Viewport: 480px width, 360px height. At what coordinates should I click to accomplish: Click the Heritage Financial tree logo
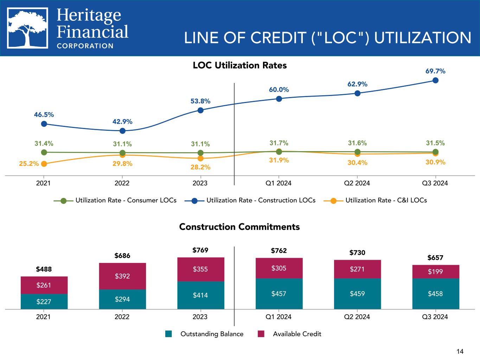click(28, 28)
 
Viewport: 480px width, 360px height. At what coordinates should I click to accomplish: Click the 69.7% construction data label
click(435, 71)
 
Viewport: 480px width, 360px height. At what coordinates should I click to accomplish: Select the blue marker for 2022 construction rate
click(122, 131)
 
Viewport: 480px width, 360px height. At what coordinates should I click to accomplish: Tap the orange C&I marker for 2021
click(44, 164)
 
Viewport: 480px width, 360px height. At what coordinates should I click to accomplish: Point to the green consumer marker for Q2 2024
click(357, 152)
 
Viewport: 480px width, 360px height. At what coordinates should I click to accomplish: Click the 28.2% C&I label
click(200, 167)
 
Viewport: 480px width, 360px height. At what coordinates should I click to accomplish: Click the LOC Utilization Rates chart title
click(240, 65)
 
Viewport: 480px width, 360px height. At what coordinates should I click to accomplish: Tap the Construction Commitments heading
click(239, 227)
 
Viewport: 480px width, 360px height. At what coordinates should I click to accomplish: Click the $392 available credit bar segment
click(122, 276)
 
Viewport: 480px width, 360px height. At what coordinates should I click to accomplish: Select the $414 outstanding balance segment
click(200, 295)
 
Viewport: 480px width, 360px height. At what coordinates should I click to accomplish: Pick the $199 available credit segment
click(435, 271)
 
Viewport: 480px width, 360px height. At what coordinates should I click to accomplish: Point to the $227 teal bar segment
click(44, 301)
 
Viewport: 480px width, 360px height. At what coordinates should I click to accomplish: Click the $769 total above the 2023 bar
click(200, 250)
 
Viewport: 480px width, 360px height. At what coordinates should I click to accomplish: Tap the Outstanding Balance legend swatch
click(169, 334)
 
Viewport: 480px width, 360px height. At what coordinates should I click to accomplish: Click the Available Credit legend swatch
click(261, 334)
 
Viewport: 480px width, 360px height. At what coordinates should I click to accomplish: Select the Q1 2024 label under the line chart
click(279, 183)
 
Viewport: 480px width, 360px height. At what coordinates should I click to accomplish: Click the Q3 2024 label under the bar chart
click(435, 317)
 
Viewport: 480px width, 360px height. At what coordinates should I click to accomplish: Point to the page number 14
click(460, 351)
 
